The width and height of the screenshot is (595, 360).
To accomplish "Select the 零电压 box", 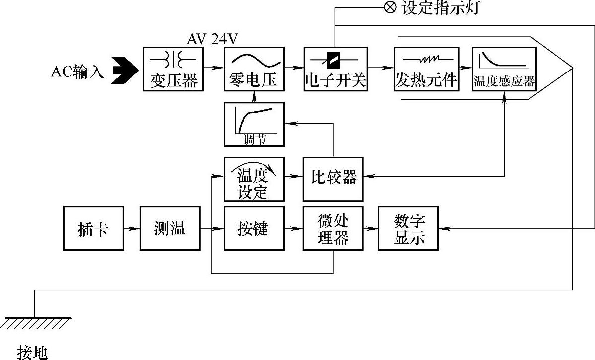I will (254, 69).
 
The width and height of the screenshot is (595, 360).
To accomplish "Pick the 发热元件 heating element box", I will (425, 69).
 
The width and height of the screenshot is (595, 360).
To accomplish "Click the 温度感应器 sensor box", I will (504, 69).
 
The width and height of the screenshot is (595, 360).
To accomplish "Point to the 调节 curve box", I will (254, 124).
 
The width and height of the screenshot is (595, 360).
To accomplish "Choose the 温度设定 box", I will (254, 179).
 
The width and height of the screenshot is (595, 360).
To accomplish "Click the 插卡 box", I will (93, 228).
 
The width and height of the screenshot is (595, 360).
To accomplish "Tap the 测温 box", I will (170, 228).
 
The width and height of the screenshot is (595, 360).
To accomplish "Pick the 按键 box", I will (254, 228).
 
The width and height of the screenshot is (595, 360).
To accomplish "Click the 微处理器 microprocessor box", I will (333, 228).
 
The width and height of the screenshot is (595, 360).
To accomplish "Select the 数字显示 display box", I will (408, 228).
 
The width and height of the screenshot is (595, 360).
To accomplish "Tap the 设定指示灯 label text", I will (441, 8).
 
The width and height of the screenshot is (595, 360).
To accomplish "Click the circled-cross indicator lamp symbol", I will (391, 8).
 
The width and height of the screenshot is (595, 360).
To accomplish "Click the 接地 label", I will (32, 352).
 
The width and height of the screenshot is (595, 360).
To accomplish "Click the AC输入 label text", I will (77, 72).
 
